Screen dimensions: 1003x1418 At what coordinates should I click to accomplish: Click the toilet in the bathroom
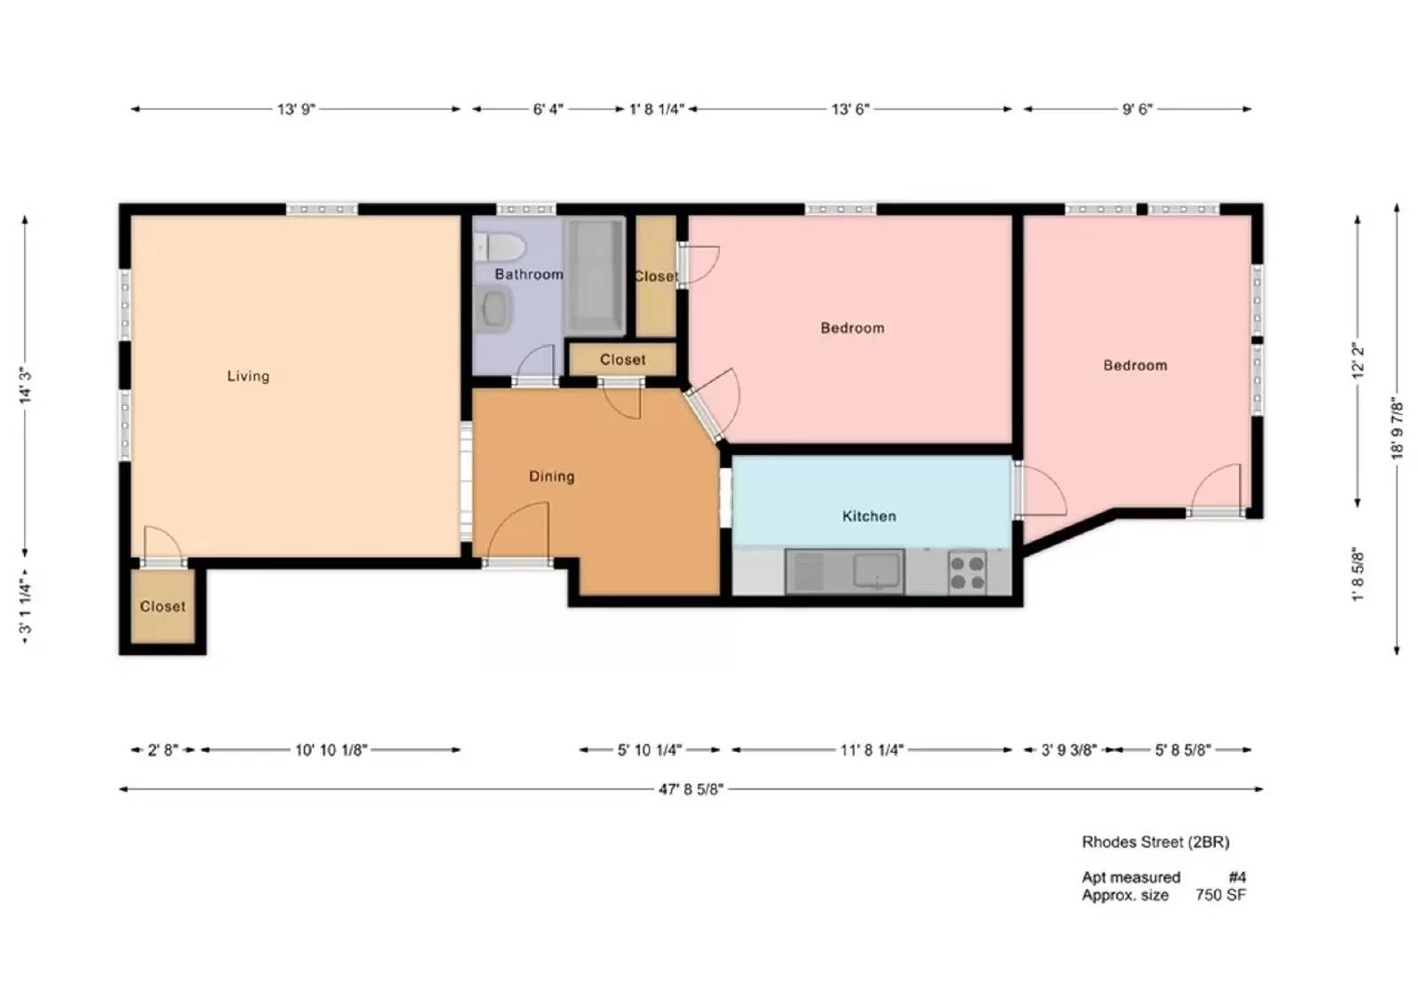click(x=500, y=247)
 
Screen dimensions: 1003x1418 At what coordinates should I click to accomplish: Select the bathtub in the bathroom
click(x=595, y=275)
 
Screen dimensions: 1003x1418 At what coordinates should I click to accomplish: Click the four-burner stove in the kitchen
click(x=967, y=572)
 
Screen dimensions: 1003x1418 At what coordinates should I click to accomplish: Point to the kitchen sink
click(x=877, y=570)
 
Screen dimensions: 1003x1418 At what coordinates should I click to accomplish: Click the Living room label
click(x=248, y=376)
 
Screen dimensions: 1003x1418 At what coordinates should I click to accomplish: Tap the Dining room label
click(x=551, y=476)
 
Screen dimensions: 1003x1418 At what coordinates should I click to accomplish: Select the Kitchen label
click(x=869, y=516)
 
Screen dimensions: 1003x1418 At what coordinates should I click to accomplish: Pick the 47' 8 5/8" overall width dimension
click(x=690, y=788)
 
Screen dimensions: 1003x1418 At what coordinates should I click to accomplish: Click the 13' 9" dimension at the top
click(x=296, y=109)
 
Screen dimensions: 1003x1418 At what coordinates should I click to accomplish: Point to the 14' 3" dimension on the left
click(x=26, y=386)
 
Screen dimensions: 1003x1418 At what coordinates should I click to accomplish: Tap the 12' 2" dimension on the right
click(x=1358, y=362)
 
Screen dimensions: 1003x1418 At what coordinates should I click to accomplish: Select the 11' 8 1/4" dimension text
click(x=871, y=750)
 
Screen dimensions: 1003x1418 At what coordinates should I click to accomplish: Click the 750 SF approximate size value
click(x=1220, y=895)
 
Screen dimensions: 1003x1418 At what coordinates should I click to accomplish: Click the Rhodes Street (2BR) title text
click(x=1155, y=842)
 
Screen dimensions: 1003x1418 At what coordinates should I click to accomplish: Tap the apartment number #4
click(x=1237, y=877)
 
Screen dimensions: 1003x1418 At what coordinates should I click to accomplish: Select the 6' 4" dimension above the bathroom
click(x=548, y=109)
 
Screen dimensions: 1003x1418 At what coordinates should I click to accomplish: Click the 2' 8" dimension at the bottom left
click(x=162, y=750)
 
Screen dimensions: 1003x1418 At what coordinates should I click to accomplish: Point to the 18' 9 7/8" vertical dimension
click(x=1397, y=427)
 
